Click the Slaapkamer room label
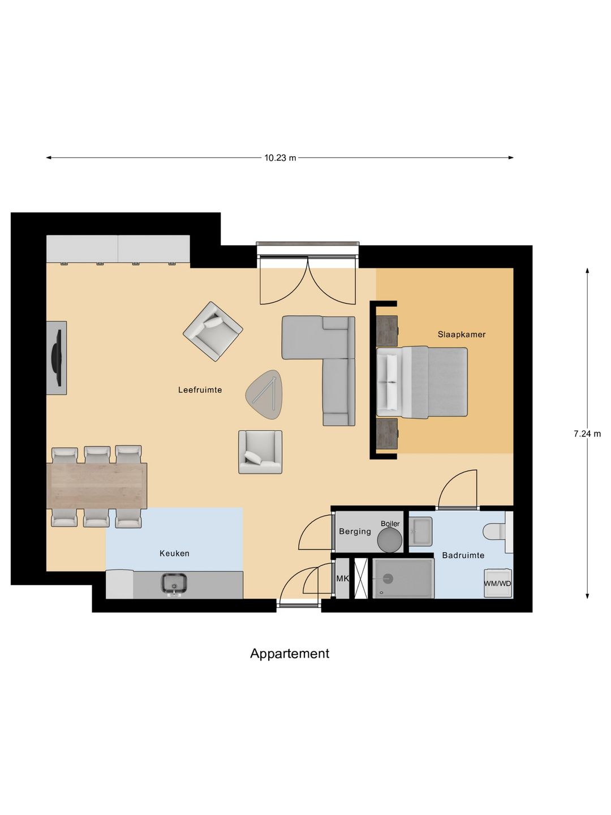pyautogui.click(x=461, y=334)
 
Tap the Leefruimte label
pyautogui.click(x=200, y=390)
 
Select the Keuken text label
pyautogui.click(x=174, y=554)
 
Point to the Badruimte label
pyautogui.click(x=463, y=555)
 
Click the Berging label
pyautogui.click(x=355, y=531)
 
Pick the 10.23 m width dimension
pyautogui.click(x=280, y=158)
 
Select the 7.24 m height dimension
pyautogui.click(x=587, y=434)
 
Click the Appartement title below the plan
pyautogui.click(x=290, y=654)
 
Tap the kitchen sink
pyautogui.click(x=174, y=584)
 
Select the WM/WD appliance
pyautogui.click(x=497, y=584)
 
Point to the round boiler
pyautogui.click(x=389, y=540)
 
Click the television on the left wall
pyautogui.click(x=57, y=358)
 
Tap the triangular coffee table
pyautogui.click(x=265, y=394)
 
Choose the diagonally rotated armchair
pyautogui.click(x=213, y=331)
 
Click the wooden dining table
pyautogui.click(x=97, y=486)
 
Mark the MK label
pyautogui.click(x=342, y=578)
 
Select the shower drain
pyautogui.click(x=388, y=578)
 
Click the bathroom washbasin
pyautogui.click(x=420, y=531)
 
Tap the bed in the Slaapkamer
pyautogui.click(x=423, y=382)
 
